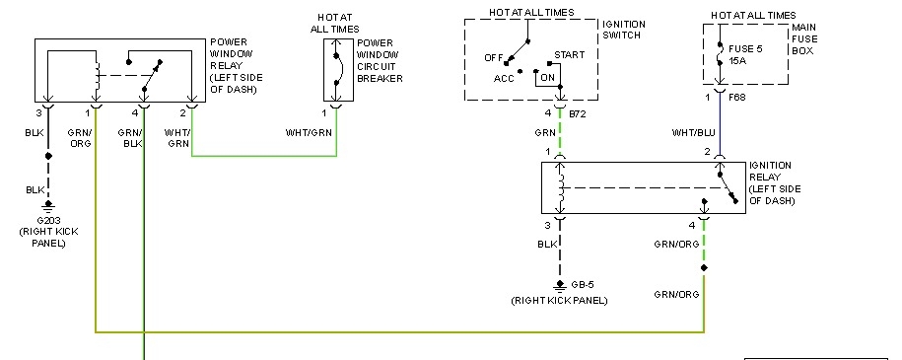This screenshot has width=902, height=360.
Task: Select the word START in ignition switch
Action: point(569,55)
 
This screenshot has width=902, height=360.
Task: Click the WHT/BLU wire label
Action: point(694,133)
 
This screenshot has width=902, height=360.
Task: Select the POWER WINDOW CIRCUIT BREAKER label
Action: point(380,61)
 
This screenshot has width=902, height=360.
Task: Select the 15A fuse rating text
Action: point(740,59)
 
